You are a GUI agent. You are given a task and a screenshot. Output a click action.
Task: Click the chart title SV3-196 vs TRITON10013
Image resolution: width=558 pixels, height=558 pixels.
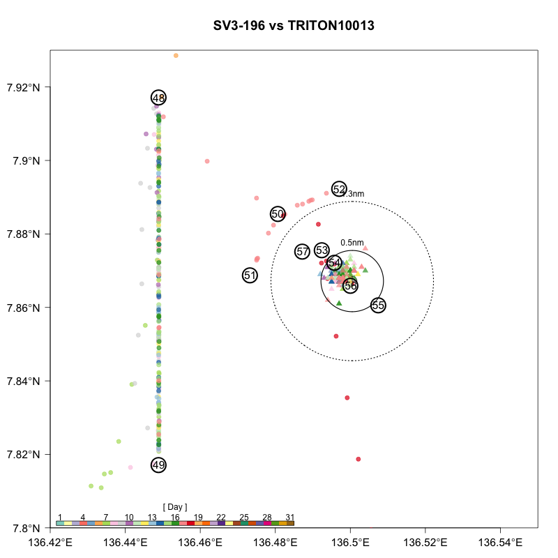[x=294, y=27]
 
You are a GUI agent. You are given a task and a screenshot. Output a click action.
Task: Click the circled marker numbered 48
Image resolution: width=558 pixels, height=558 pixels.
[x=158, y=98]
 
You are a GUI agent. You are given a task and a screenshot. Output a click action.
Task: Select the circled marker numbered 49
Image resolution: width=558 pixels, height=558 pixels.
[x=158, y=465]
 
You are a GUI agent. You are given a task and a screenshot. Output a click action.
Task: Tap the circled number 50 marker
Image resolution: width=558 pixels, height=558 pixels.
[x=278, y=214]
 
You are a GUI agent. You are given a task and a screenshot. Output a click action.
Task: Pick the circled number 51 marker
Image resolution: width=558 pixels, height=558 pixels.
[x=250, y=276]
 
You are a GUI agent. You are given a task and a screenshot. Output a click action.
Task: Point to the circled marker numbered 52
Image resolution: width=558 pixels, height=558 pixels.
[x=339, y=189]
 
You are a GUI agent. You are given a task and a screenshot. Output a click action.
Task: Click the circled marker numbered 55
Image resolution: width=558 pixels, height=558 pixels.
[x=378, y=305]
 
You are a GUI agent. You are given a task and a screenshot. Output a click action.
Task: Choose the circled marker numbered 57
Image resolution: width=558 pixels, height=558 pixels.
[x=302, y=251]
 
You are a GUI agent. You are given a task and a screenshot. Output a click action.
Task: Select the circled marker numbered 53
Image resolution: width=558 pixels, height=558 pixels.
[x=322, y=250]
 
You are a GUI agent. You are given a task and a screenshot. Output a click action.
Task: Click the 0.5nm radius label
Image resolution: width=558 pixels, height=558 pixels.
[x=352, y=243]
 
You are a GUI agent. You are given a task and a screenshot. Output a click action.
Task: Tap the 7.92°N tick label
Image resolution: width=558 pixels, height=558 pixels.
[x=23, y=87]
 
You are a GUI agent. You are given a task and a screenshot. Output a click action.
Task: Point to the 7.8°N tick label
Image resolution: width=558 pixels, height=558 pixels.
[x=27, y=528]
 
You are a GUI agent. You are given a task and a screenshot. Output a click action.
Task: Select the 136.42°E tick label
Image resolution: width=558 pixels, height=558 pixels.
[x=50, y=542]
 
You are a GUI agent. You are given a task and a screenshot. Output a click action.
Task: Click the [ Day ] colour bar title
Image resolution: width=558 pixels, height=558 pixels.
[x=174, y=506]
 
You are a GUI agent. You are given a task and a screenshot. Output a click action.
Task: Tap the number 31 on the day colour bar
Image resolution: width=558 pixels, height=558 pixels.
[x=290, y=517]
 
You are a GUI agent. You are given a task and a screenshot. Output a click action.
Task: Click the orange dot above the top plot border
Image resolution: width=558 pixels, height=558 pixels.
[x=176, y=55]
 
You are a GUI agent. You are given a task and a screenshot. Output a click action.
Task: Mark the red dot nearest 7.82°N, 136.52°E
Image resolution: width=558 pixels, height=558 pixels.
[x=359, y=459]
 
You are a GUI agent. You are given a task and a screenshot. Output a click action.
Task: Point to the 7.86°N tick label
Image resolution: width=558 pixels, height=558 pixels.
[x=23, y=308]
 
